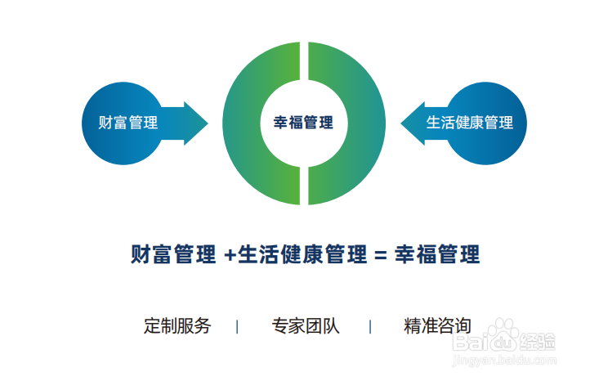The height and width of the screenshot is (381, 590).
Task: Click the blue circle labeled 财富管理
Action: click(123, 123)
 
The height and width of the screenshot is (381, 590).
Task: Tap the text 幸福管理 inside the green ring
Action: click(303, 123)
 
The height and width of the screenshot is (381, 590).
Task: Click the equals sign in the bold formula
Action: click(378, 254)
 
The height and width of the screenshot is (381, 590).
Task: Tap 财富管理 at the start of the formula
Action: click(172, 254)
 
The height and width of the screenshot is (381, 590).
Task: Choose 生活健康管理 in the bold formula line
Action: click(302, 254)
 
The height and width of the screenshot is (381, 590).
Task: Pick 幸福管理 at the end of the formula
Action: click(437, 254)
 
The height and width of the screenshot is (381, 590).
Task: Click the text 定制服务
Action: click(177, 325)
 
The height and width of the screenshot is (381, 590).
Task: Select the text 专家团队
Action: click(306, 325)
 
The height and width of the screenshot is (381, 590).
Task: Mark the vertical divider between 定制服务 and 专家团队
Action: click(237, 326)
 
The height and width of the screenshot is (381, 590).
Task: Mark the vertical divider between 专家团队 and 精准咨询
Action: click(370, 326)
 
